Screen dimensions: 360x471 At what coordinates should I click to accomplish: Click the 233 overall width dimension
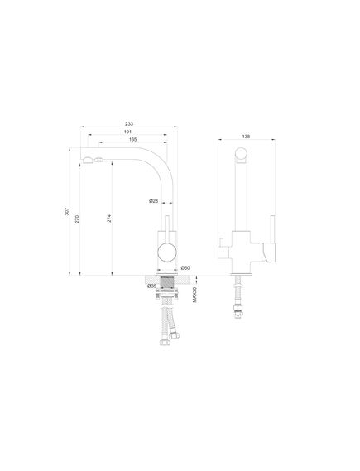point(129,124)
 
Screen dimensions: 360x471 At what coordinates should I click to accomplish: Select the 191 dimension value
point(127,132)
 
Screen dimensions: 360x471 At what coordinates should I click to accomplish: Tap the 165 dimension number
point(132,139)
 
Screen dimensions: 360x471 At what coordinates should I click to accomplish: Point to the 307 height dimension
point(67,211)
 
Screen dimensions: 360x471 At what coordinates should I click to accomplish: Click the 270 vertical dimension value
point(77,219)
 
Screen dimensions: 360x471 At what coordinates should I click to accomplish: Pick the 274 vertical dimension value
point(109,219)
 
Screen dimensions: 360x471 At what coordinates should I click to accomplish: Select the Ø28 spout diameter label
point(153,201)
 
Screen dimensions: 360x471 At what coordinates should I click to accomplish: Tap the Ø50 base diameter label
point(185,267)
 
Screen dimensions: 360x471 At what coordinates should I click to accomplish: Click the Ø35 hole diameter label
point(152,286)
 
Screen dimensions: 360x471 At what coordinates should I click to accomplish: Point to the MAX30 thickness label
point(194,295)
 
